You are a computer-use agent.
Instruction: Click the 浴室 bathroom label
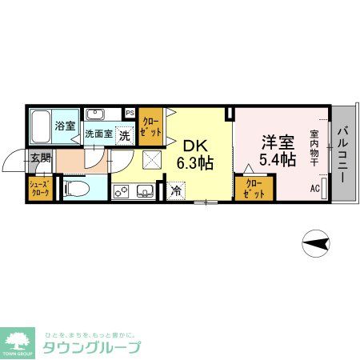tap(66, 126)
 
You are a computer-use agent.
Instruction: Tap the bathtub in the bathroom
tap(41, 125)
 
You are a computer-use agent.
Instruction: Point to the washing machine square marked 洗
tap(125, 135)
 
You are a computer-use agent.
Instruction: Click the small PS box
tap(130, 113)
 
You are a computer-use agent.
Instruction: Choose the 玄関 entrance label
tap(40, 158)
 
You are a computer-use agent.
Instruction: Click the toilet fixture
tap(77, 190)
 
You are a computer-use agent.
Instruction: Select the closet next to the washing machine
tap(150, 126)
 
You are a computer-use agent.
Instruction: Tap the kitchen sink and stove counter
tap(134, 191)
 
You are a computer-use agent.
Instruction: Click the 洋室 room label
tap(277, 141)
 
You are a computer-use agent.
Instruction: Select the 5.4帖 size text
tap(277, 159)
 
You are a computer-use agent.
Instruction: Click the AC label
tap(314, 190)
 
